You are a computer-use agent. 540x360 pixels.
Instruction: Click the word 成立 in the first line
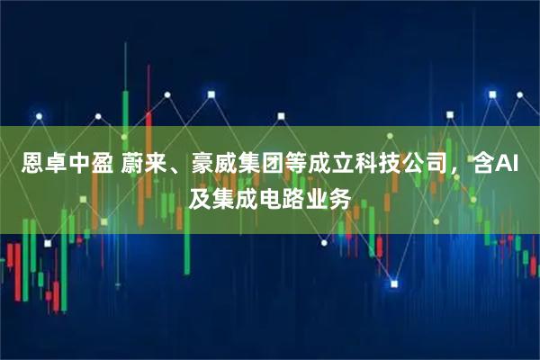point(323,165)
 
